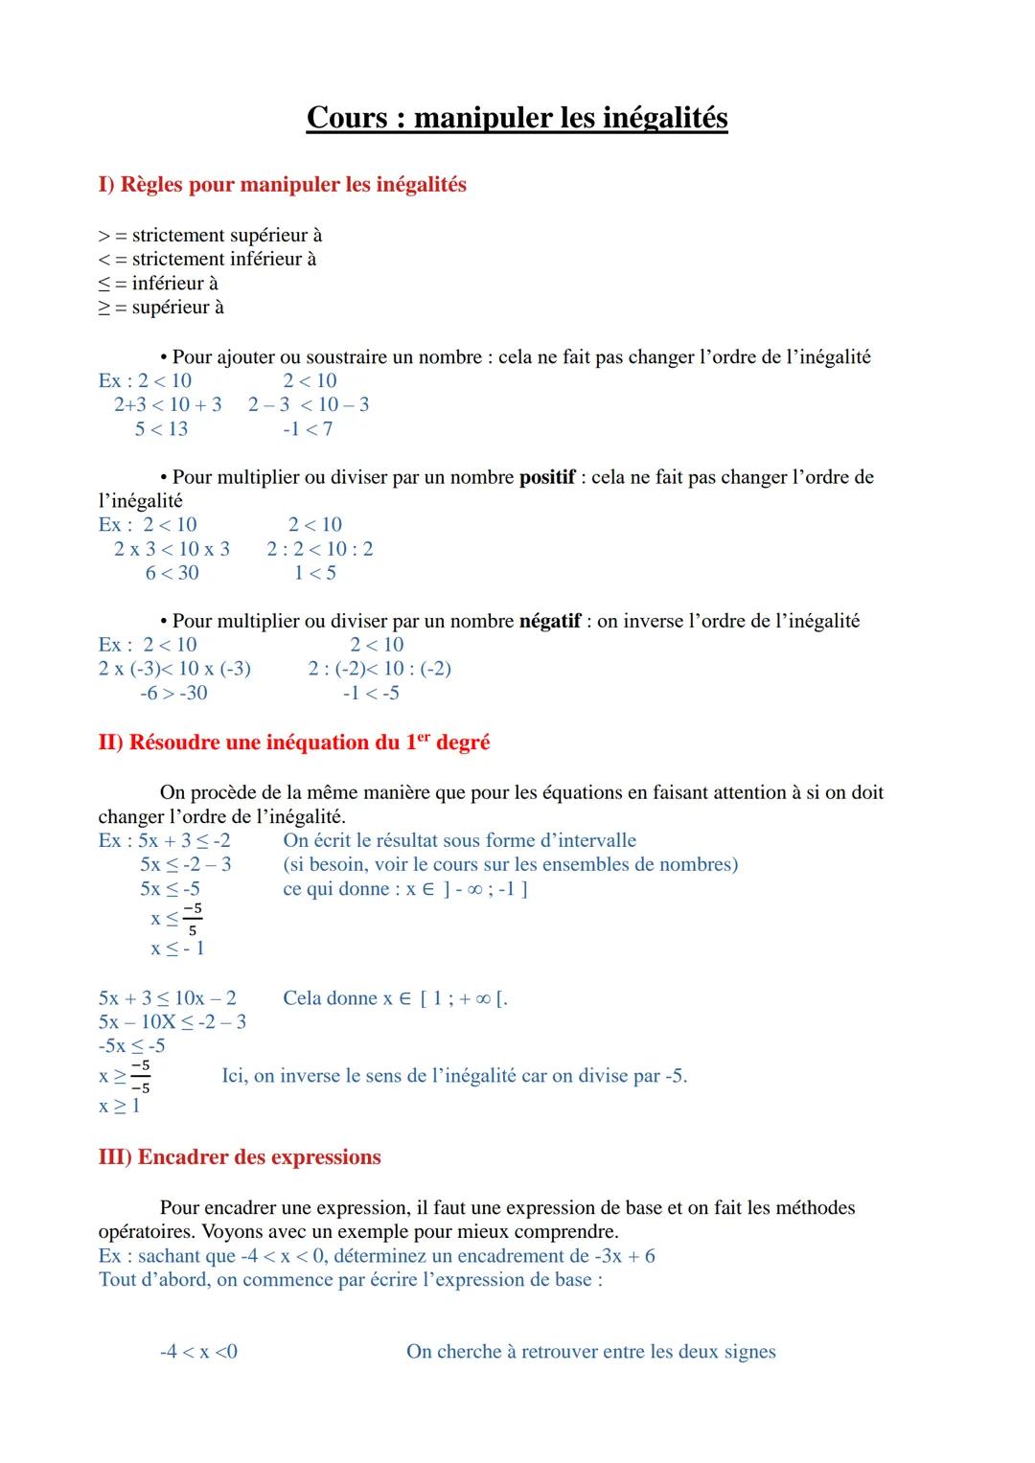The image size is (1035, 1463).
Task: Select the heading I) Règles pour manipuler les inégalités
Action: (x=282, y=184)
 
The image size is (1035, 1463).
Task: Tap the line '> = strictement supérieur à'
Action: (x=210, y=236)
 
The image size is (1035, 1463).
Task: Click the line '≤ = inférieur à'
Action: (x=158, y=284)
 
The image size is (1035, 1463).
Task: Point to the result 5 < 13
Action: (x=161, y=429)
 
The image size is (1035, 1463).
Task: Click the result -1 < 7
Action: (x=308, y=429)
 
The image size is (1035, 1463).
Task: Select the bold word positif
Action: (x=546, y=477)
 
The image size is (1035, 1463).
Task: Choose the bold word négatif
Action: (x=549, y=621)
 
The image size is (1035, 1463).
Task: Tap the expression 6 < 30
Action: (x=172, y=573)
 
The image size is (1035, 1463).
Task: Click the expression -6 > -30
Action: (x=173, y=693)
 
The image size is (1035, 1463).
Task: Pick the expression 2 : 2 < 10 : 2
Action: (x=320, y=549)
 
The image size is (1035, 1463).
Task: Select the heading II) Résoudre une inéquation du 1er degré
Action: (x=293, y=743)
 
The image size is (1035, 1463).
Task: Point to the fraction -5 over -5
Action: (x=140, y=1076)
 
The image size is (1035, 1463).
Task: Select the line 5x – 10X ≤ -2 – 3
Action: (x=172, y=1022)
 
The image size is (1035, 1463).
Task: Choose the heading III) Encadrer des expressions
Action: (x=240, y=1157)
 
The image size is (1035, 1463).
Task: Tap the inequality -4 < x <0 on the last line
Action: (x=198, y=1352)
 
